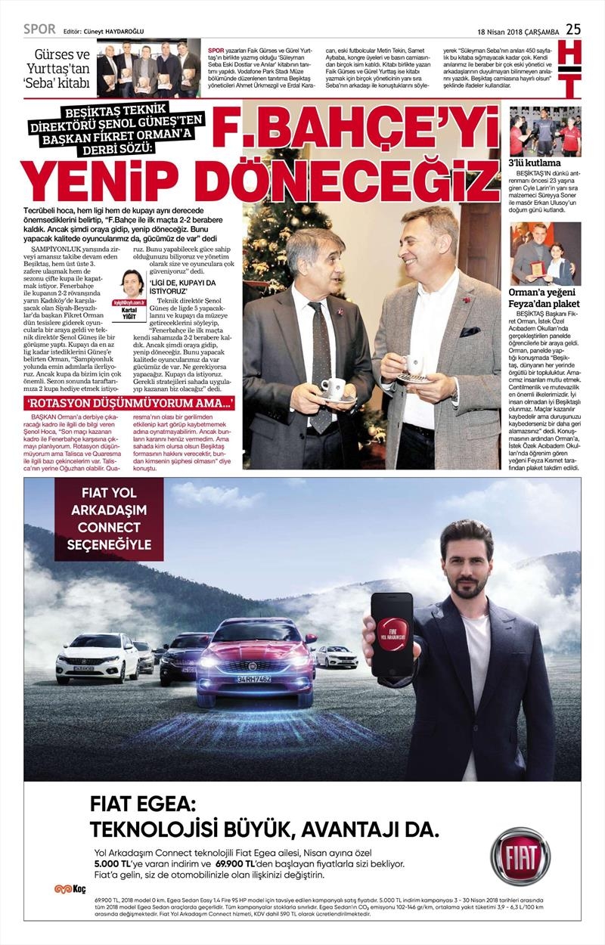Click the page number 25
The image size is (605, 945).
pyautogui.click(x=573, y=29)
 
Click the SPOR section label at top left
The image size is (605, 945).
pyautogui.click(x=39, y=29)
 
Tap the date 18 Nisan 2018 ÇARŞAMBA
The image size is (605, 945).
pyautogui.click(x=518, y=31)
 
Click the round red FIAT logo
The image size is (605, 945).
pyautogui.click(x=520, y=857)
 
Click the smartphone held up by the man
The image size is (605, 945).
pyautogui.click(x=392, y=634)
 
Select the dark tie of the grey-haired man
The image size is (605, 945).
pyautogui.click(x=321, y=363)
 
